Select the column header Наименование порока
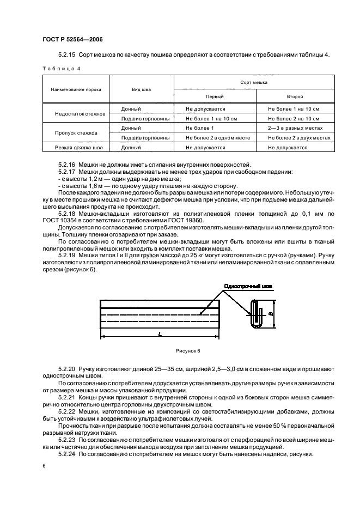click(x=75, y=89)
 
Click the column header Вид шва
click(x=141, y=89)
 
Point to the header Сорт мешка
click(x=253, y=82)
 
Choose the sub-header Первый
click(x=214, y=96)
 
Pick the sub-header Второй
click(x=295, y=96)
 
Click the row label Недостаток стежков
click(x=76, y=114)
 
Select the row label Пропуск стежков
click(x=76, y=133)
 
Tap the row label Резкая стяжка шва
click(x=76, y=148)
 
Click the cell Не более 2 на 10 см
click(x=294, y=118)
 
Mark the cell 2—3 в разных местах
click(x=292, y=128)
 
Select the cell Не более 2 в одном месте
click(x=217, y=138)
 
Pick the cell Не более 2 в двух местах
click(x=299, y=138)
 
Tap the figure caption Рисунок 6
click(x=188, y=351)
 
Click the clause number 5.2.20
click(x=68, y=369)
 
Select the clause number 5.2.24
click(x=68, y=453)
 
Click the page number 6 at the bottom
click(x=44, y=466)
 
